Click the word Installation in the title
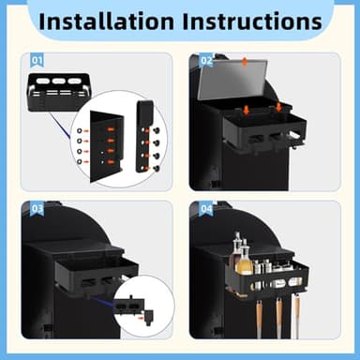tap(106, 22)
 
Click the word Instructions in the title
tap(252, 22)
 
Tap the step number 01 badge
tap(37, 60)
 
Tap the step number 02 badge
tap(206, 60)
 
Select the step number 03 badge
tap(37, 208)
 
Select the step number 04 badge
tap(206, 208)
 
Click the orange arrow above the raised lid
tap(245, 62)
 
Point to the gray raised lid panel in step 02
tap(232, 80)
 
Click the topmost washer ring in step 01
tap(80, 130)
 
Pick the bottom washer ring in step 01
tap(80, 161)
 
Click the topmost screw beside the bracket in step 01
tap(157, 131)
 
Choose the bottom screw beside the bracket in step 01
tap(157, 169)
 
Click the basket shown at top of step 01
tap(59, 92)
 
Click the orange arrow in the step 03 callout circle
tap(142, 318)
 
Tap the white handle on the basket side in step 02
tap(295, 135)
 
